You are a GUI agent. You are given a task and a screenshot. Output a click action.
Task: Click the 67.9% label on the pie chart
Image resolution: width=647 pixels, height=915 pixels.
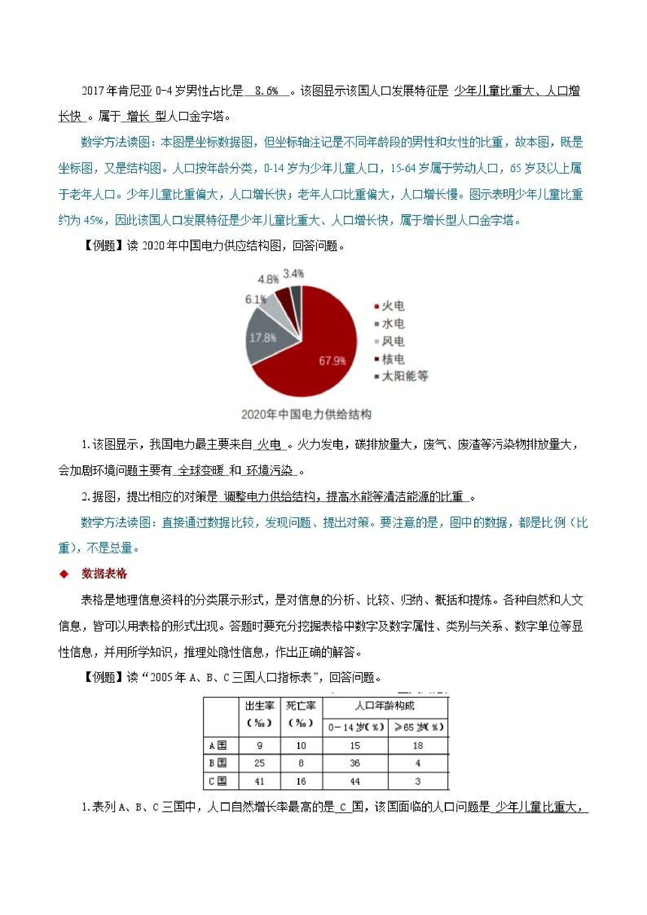click(332, 361)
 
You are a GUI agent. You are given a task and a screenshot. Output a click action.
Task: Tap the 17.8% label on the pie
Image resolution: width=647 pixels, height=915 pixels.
click(263, 338)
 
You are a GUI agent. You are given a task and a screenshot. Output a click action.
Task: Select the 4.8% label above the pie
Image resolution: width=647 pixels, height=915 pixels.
click(268, 279)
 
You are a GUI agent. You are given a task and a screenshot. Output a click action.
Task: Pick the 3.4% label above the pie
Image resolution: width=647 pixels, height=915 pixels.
click(293, 274)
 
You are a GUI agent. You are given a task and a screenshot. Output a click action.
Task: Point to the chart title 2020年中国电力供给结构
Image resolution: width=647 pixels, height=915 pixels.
click(306, 414)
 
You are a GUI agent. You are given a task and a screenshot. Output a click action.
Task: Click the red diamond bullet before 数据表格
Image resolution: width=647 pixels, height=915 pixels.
click(64, 574)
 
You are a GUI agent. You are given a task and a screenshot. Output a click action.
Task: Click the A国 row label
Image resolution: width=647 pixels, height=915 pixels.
click(218, 746)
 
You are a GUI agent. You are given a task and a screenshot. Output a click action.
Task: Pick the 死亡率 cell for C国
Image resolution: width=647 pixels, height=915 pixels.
click(301, 782)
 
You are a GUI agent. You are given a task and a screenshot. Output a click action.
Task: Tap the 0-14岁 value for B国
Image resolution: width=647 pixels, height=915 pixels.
click(355, 763)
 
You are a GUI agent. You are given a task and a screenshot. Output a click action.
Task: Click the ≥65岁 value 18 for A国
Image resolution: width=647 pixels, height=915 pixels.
click(418, 746)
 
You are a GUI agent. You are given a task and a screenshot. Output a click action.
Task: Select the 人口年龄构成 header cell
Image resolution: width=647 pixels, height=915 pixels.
click(385, 706)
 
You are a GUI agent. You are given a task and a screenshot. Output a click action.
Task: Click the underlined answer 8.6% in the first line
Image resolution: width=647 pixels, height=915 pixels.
click(267, 91)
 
